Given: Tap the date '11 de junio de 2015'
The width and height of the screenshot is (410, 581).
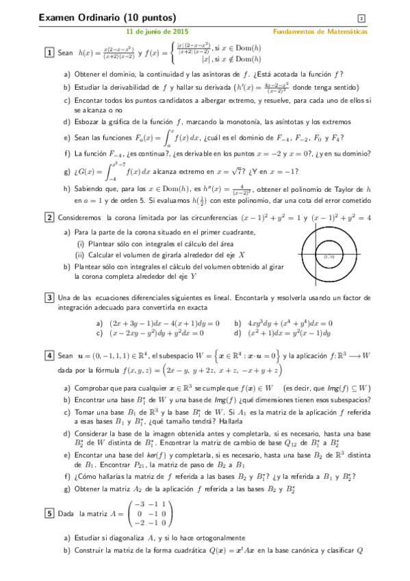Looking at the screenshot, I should tap(158, 32).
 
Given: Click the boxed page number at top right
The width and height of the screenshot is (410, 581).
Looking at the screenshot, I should tap(361, 18).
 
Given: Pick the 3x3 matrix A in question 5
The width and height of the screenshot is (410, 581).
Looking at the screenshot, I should tap(146, 512).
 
